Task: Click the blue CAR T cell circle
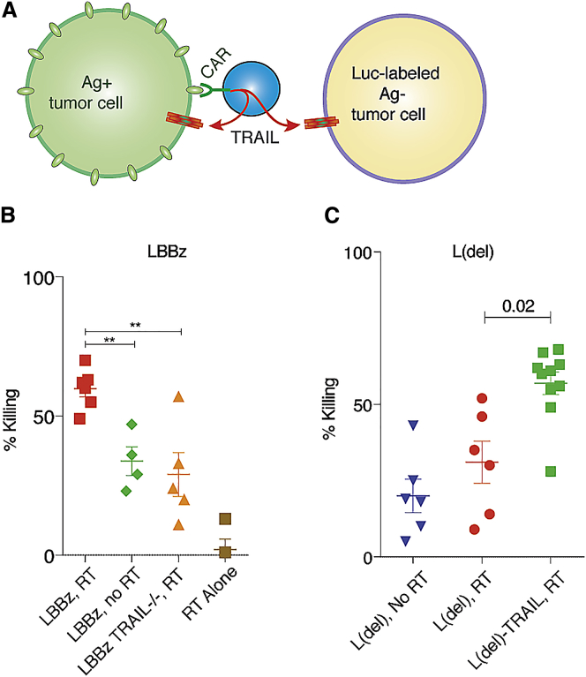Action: [252, 91]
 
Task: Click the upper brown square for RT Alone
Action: [225, 519]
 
